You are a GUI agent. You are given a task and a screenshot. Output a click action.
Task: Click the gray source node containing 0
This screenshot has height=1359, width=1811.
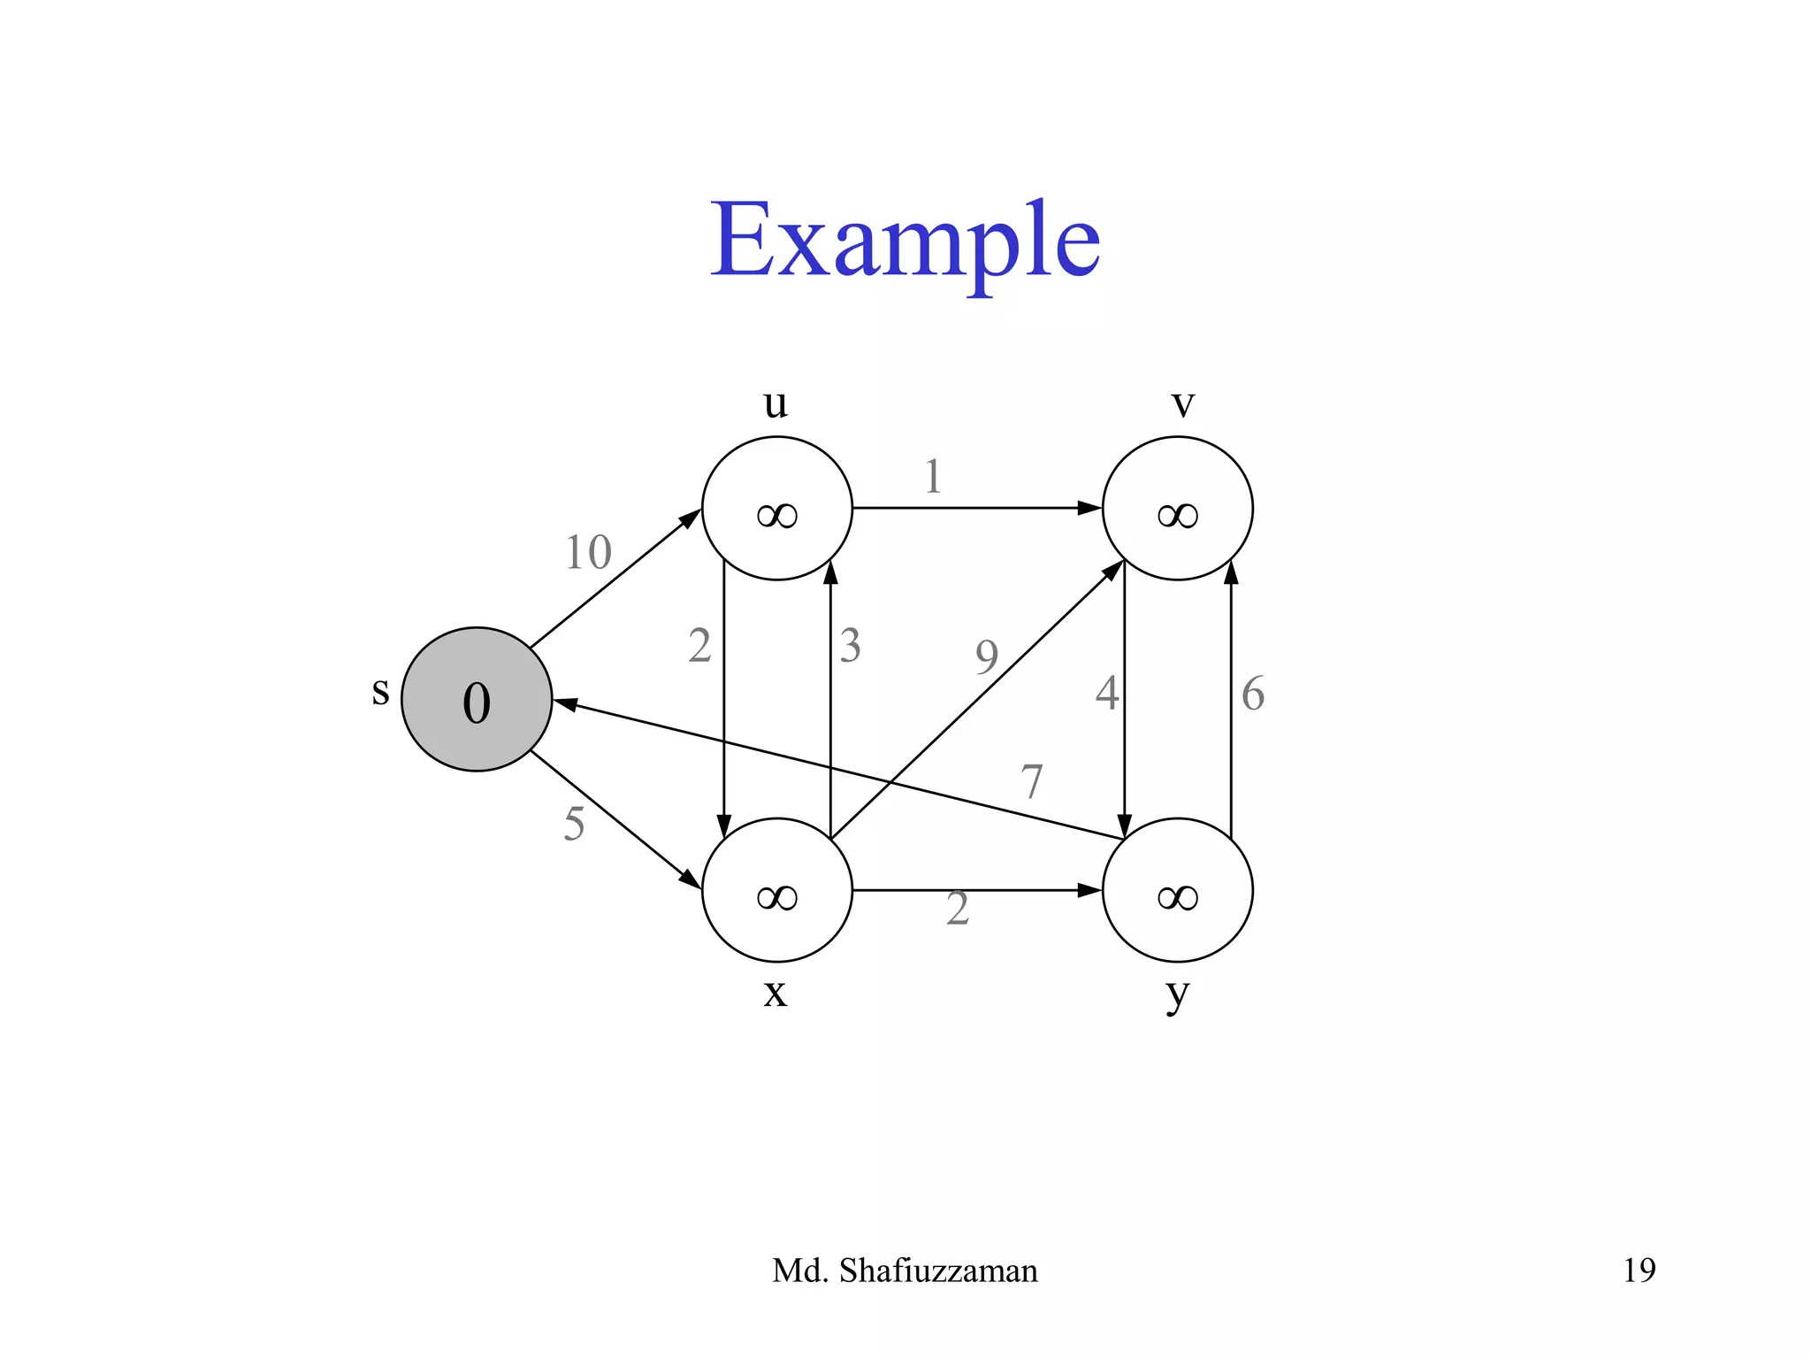tap(477, 699)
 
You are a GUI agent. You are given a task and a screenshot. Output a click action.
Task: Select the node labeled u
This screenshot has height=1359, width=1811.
tap(776, 508)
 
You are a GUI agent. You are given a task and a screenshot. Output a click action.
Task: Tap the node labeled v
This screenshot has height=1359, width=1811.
tap(1177, 508)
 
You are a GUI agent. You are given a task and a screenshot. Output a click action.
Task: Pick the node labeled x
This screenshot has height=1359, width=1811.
tap(776, 889)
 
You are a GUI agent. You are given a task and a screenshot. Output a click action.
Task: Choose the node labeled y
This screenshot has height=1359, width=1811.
tap(1177, 889)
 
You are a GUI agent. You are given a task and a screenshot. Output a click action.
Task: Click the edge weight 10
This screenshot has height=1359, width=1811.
tap(588, 553)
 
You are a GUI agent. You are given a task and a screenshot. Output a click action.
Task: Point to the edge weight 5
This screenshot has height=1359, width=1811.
tap(574, 824)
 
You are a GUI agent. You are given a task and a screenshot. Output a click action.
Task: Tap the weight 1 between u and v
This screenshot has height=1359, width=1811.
tap(932, 477)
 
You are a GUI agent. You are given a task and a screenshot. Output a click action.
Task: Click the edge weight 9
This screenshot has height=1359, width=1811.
tap(987, 656)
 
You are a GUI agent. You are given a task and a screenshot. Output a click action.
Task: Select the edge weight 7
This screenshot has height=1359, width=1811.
tap(1031, 781)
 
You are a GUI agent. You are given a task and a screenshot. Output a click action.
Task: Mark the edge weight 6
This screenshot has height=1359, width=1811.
tap(1252, 694)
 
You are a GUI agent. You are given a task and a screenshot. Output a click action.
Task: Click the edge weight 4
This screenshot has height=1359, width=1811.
tap(1106, 693)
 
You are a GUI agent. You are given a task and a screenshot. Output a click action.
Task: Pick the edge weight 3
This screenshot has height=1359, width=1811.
tap(850, 646)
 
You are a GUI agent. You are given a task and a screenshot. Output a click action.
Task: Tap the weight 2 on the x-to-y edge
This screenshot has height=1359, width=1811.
tap(958, 910)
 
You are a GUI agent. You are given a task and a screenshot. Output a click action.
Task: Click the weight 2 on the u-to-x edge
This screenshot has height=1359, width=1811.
tap(699, 646)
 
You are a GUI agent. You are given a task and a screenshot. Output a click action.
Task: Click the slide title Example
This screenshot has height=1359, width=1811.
tap(905, 241)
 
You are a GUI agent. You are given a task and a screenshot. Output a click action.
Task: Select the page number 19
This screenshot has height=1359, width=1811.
tap(1639, 1271)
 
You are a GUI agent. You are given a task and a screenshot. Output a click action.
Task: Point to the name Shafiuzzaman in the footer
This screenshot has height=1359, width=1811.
tap(937, 1271)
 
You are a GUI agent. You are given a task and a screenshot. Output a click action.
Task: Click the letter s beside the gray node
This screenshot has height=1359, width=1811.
tap(380, 691)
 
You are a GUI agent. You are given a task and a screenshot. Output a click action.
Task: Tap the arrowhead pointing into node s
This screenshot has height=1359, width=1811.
tap(564, 704)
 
